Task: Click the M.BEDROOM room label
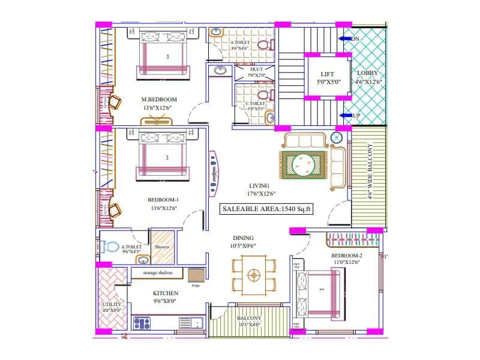159,100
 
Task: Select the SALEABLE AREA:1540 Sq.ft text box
266,209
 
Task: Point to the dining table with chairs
254,275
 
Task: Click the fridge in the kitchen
196,275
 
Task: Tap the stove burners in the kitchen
142,323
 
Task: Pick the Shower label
162,247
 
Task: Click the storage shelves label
158,272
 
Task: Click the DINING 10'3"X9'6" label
243,241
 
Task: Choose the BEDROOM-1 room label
163,200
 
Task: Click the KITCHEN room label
164,293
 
